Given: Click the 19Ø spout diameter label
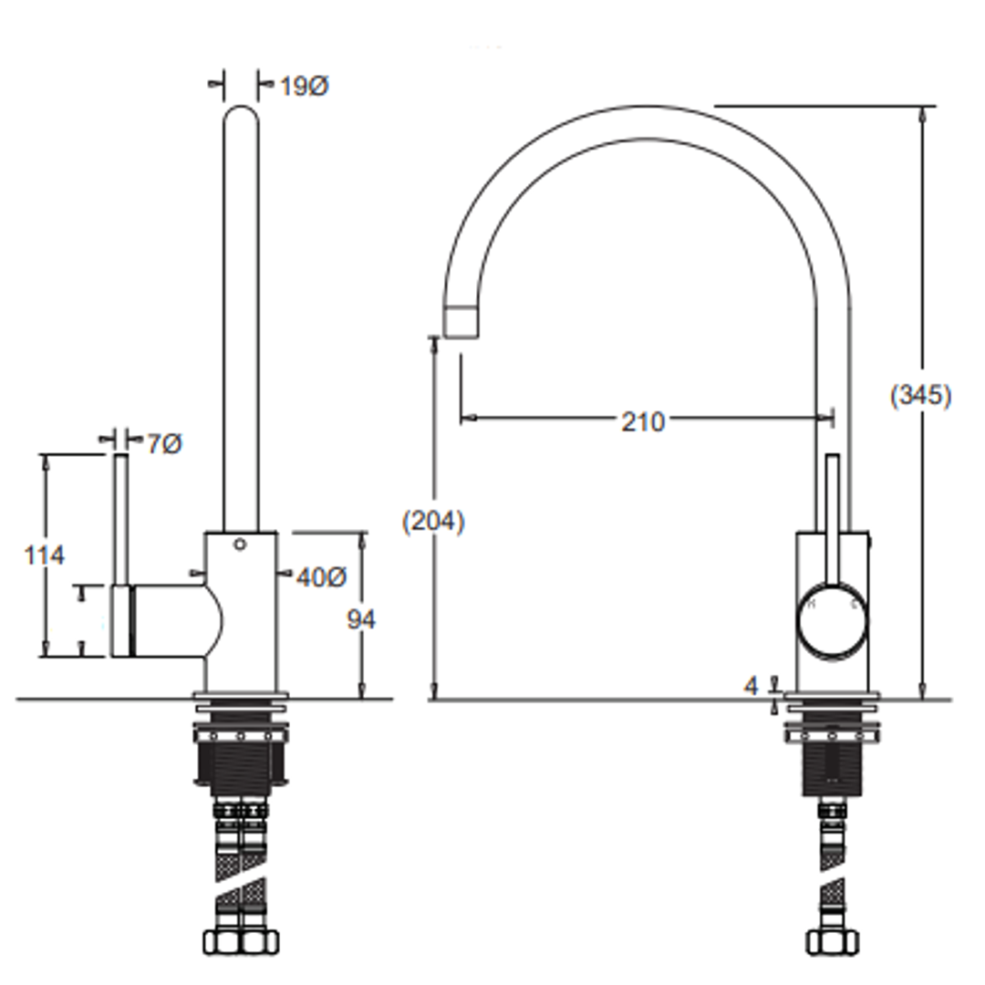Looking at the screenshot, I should click(303, 87).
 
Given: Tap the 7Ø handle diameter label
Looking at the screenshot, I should click(164, 443).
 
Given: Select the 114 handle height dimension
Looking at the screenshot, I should click(45, 555).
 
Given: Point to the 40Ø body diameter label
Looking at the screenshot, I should click(321, 576).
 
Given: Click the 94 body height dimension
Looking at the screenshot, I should click(361, 619).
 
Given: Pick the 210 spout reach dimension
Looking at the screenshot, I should click(643, 420).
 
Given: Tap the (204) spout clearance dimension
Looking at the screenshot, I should click(433, 522).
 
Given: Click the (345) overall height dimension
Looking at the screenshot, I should click(920, 396).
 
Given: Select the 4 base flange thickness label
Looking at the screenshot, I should click(751, 686).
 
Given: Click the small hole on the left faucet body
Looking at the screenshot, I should click(240, 545).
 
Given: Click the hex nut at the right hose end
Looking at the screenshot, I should click(832, 940).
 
